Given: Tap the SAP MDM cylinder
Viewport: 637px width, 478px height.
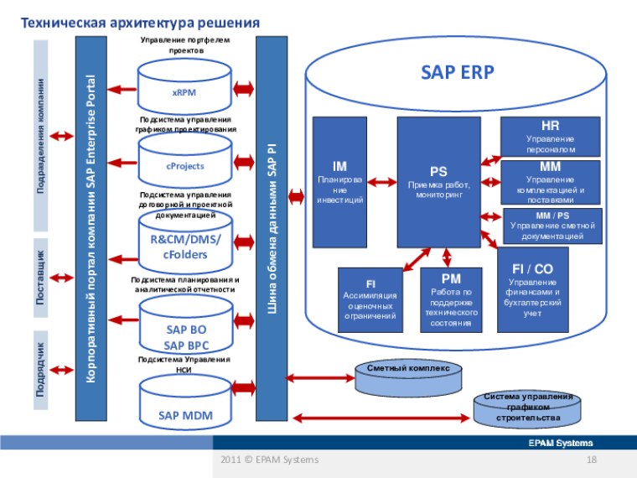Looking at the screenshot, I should pos(185,408).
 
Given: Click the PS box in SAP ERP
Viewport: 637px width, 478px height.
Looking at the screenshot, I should pos(438,181).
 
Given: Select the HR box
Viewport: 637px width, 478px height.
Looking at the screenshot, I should pos(550,136).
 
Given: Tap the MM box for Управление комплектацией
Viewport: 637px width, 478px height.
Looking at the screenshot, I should pos(550,182).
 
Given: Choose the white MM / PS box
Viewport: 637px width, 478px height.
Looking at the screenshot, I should pos(552,226).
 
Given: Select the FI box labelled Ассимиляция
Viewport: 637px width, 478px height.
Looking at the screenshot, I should pos(370,299).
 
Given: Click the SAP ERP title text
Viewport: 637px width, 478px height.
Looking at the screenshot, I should pos(457,72).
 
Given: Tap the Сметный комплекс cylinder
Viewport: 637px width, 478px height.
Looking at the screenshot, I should pos(408,379).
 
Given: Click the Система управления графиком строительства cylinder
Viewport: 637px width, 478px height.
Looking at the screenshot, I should pos(527,408).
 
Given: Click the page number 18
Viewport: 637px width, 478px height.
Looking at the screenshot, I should pos(591,460).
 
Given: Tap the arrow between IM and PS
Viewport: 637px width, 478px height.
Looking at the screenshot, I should pos(382,181).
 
